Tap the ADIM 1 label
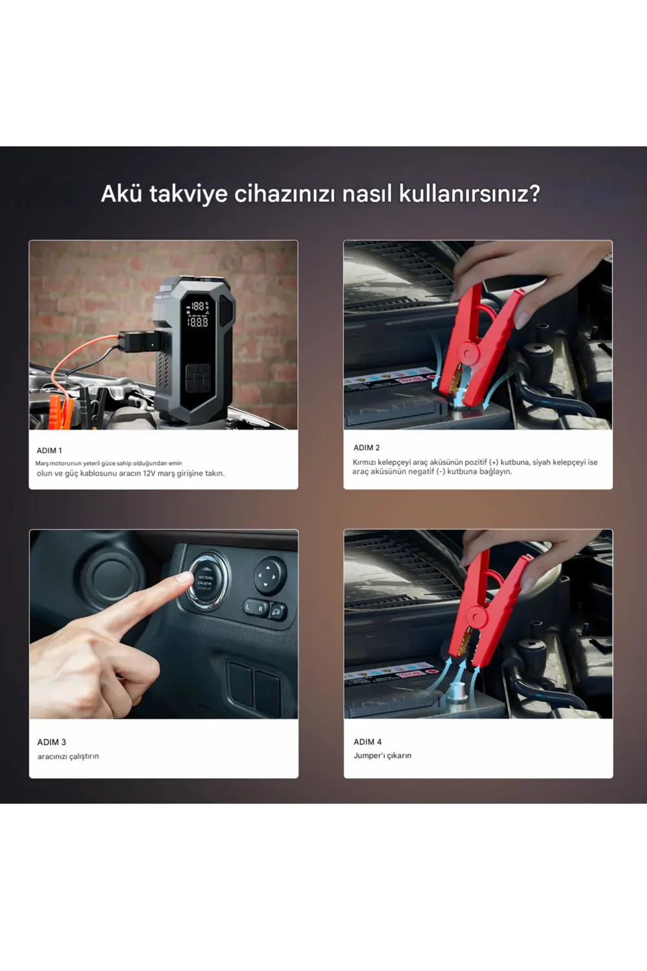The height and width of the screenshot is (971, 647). [x=49, y=451]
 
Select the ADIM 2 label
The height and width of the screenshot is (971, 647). [x=367, y=448]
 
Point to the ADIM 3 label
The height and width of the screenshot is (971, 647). [x=52, y=742]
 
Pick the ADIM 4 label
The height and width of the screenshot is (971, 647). [x=367, y=742]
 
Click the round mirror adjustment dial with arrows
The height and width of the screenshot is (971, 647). [x=269, y=575]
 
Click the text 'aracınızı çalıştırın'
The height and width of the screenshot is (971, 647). [x=68, y=756]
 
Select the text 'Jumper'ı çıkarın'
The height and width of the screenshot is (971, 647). [x=382, y=755]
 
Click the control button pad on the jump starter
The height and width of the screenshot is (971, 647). [x=197, y=377]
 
